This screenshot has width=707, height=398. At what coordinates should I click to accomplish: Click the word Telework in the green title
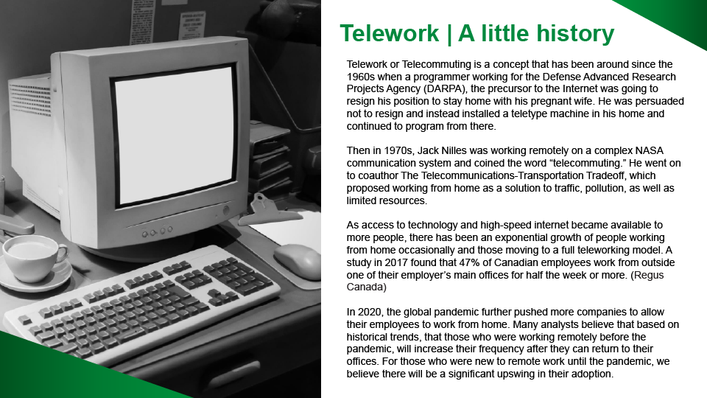(389, 33)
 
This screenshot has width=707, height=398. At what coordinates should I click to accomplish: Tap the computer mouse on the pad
(298, 261)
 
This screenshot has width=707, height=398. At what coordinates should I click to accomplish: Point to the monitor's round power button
(226, 210)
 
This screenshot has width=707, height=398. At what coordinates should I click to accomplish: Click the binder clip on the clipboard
(266, 210)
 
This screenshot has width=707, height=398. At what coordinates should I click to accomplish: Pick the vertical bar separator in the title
(449, 35)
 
